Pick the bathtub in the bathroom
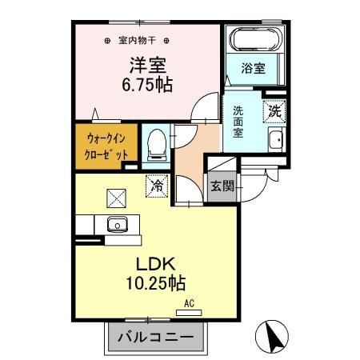pyautogui.click(x=254, y=38)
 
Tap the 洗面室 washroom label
pyautogui.click(x=239, y=122)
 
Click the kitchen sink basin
pyautogui.click(x=117, y=224)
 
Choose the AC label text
pyautogui.click(x=190, y=303)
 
